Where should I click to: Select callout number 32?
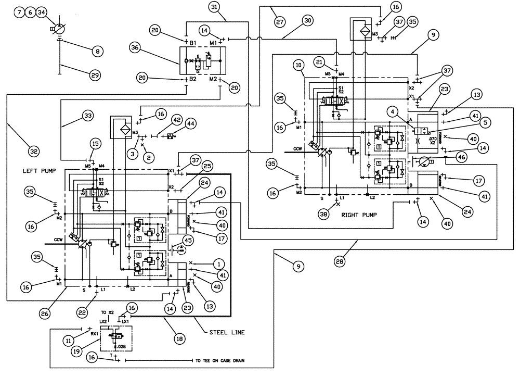34,152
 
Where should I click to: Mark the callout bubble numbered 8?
97,51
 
